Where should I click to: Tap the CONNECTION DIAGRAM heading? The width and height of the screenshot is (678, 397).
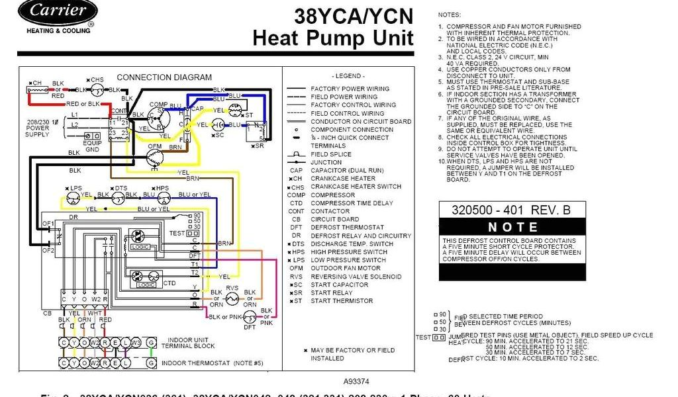coord(164,77)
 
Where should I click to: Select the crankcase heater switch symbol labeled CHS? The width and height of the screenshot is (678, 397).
coord(97,89)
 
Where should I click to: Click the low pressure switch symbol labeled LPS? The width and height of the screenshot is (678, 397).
coord(72,197)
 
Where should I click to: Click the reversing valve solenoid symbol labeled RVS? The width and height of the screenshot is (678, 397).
coord(232,298)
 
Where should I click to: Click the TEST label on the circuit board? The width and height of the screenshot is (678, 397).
coord(177,233)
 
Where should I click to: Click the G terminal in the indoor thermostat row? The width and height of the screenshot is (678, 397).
coord(152,363)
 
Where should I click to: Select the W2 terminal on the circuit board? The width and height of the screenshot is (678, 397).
coord(95,299)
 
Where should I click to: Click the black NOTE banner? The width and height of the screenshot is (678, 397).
coord(512,226)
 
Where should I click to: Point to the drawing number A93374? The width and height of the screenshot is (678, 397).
coord(358,382)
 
